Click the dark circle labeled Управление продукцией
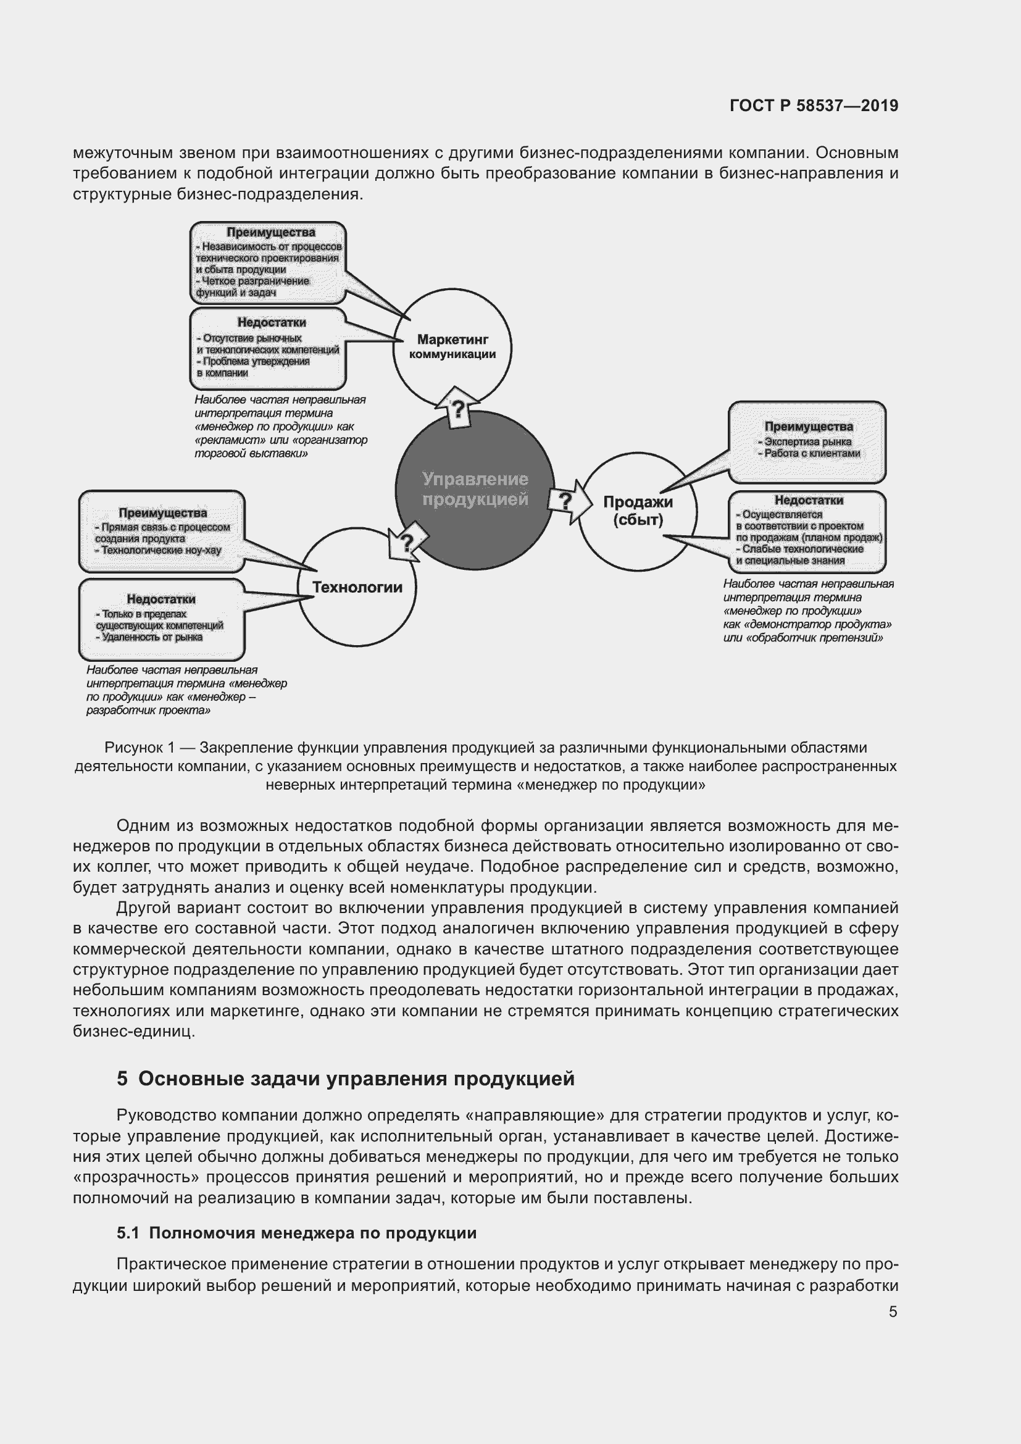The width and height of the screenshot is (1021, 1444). [475, 490]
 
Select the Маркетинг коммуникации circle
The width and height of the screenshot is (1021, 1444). [452, 347]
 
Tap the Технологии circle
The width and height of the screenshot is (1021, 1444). [356, 587]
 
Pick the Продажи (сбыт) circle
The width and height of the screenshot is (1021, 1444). [638, 511]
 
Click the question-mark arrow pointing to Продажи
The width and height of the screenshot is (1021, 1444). [570, 501]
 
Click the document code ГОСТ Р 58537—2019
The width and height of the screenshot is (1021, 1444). [814, 106]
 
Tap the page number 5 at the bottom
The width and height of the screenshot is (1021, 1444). [893, 1311]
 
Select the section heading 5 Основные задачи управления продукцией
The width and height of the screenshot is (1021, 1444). [345, 1079]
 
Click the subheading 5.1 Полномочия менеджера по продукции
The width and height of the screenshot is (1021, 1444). [296, 1233]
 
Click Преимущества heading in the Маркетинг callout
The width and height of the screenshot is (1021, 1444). [271, 233]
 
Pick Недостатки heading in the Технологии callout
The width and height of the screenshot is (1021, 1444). [161, 599]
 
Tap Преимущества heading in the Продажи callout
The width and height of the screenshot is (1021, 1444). [809, 427]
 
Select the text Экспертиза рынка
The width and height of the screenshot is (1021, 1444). [808, 441]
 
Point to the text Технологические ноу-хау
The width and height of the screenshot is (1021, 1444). [161, 550]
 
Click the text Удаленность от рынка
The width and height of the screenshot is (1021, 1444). [151, 637]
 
